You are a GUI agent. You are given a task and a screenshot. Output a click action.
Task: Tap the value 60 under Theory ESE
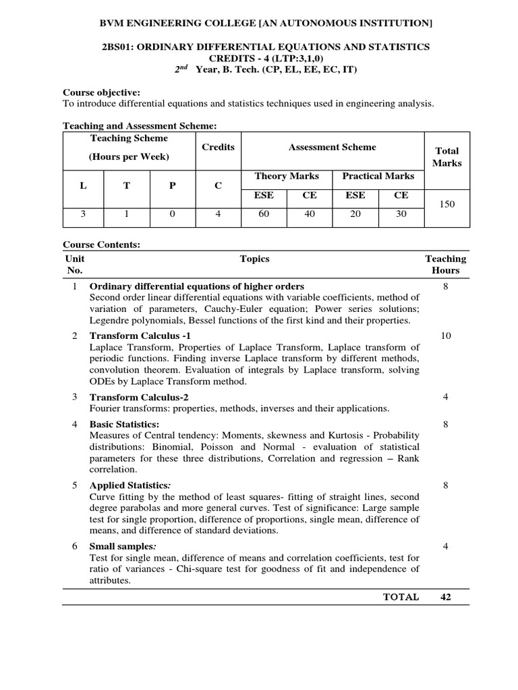pos(264,214)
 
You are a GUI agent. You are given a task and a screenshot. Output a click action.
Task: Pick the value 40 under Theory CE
pos(310,214)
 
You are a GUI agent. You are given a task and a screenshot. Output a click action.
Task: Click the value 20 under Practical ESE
pos(355,214)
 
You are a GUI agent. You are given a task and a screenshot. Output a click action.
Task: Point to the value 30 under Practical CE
pos(401,214)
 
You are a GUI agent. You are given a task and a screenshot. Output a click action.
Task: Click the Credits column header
pos(218,147)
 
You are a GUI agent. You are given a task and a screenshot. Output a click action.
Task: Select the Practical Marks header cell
pos(378,176)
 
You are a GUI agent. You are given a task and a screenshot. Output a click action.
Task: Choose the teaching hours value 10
pos(445,336)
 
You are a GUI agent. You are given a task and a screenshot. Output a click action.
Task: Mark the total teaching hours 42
pos(445,596)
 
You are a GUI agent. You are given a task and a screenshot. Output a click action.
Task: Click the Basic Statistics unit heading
pos(124,424)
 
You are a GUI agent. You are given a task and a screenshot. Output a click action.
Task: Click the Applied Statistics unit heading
pos(130,485)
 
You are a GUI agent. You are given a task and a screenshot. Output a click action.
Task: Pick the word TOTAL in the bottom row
pos(401,596)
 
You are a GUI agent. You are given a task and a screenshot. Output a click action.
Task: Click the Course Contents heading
pos(101,245)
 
